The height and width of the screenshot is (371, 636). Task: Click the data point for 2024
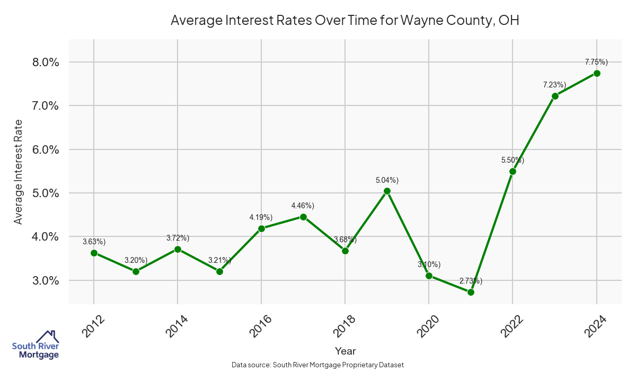[x=597, y=73]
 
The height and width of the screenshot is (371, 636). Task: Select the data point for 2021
[x=471, y=292]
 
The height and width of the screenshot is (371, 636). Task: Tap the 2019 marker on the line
[x=387, y=191]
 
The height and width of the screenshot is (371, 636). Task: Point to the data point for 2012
[x=94, y=253]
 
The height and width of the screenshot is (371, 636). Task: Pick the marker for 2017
[x=303, y=217]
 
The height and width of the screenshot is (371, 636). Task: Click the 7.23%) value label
[x=554, y=85]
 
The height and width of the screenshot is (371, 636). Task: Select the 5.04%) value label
[x=387, y=180]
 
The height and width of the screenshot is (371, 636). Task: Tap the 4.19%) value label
[x=261, y=217]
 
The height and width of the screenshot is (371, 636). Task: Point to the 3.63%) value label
[x=94, y=242]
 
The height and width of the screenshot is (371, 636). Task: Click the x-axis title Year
[x=345, y=351]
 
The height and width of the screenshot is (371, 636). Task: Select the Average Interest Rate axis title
[x=19, y=172]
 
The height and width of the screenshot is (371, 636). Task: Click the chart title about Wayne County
[x=344, y=21]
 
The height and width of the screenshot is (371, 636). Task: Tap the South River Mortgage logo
[x=36, y=345]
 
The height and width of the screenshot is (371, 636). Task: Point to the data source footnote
[x=318, y=365]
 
